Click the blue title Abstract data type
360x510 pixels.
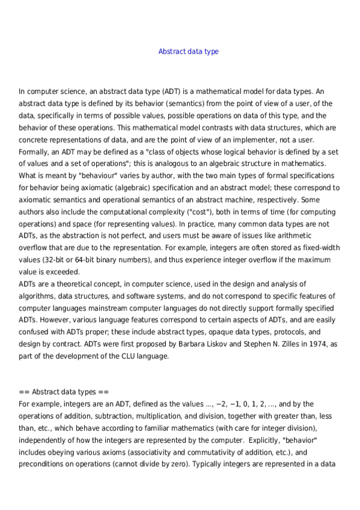188,52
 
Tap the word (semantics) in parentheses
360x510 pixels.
172,103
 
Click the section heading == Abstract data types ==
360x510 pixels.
64,392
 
